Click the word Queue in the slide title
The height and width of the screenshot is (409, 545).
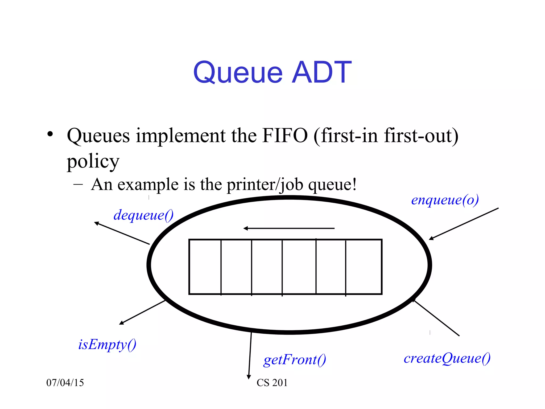tap(238, 72)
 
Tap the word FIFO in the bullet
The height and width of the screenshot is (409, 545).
tap(284, 136)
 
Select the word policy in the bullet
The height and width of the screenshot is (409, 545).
tap(93, 162)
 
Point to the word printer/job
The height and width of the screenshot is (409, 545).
tap(265, 185)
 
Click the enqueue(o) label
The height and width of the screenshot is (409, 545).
tap(445, 200)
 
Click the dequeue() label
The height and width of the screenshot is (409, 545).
tap(143, 215)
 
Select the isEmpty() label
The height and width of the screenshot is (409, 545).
tap(107, 345)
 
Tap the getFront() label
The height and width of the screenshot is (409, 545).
tap(295, 360)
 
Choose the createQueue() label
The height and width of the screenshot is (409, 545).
tap(447, 358)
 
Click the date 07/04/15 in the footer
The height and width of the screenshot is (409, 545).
tap(65, 383)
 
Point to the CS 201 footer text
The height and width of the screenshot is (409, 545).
tap(272, 383)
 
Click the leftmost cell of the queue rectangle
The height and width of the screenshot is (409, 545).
tap(205, 267)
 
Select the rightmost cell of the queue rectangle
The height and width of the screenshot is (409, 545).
tap(364, 267)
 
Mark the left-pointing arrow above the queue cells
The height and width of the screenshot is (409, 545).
tap(289, 228)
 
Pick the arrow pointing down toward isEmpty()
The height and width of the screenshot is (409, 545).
tap(142, 312)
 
